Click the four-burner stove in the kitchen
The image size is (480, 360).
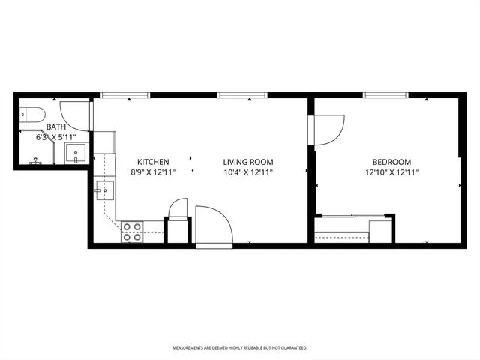point(133,232)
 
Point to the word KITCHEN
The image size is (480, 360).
point(152,162)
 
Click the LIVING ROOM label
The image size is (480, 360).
point(247,162)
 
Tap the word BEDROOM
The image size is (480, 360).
point(391,162)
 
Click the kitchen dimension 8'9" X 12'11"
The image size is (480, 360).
point(152,172)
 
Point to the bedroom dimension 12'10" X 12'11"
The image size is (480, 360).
point(391,172)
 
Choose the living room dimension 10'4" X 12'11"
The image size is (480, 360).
point(247,172)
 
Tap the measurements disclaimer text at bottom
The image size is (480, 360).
point(240,348)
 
